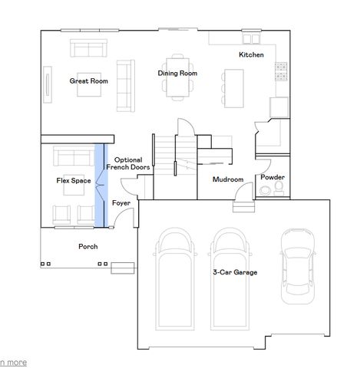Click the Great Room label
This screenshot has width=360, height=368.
point(88,80)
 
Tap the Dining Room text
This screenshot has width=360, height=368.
point(177,73)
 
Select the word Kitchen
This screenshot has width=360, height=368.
point(251,55)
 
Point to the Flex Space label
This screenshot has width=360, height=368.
point(74,181)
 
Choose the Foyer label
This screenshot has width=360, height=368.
point(121,203)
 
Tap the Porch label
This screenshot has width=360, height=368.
point(88,247)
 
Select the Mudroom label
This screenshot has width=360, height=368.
point(228,179)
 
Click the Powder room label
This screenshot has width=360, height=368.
point(272,177)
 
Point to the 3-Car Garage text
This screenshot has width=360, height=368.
point(235,272)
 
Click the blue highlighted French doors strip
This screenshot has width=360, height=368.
point(101,186)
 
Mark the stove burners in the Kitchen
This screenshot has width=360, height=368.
point(280,72)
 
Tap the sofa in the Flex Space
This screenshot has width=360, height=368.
point(74,158)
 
